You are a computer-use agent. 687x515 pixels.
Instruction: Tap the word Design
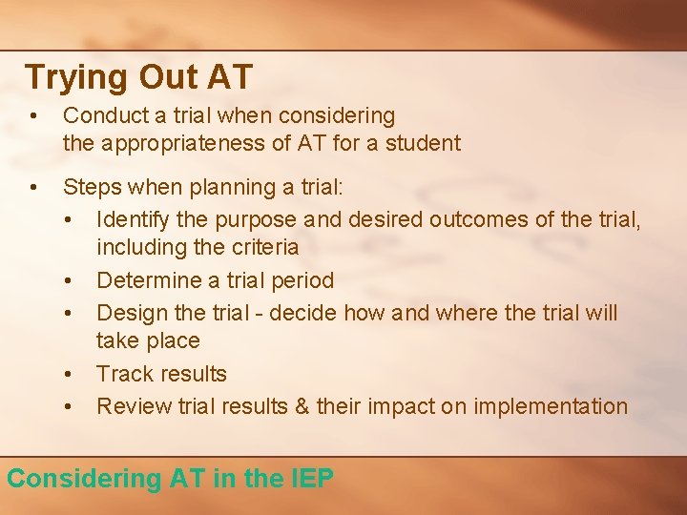[x=129, y=313]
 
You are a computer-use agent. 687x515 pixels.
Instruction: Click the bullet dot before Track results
[x=70, y=374]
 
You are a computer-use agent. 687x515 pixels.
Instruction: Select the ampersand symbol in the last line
[x=302, y=406]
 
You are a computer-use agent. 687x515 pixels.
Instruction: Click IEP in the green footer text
[x=312, y=478]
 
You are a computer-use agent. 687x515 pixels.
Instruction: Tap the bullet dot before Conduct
[x=33, y=116]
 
